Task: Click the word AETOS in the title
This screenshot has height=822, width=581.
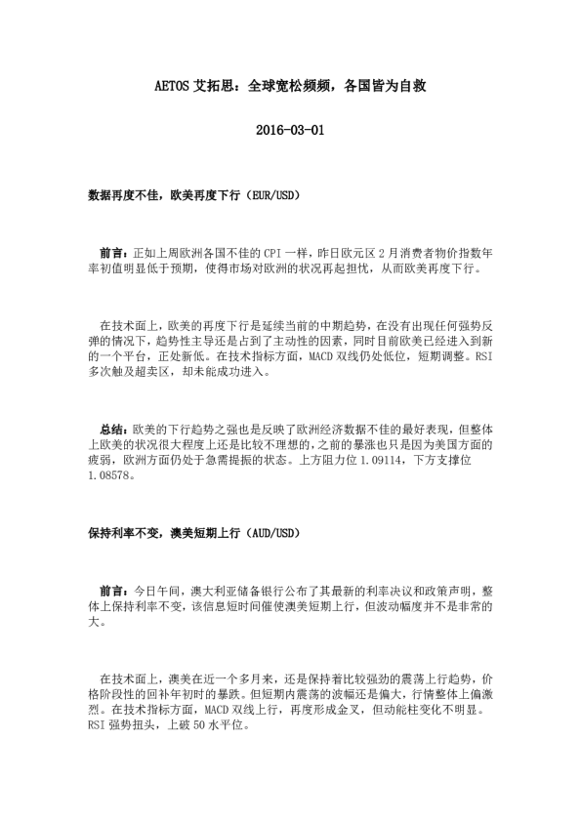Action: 179,86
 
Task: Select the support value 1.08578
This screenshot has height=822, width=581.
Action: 107,478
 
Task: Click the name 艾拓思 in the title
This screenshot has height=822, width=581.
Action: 221,86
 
